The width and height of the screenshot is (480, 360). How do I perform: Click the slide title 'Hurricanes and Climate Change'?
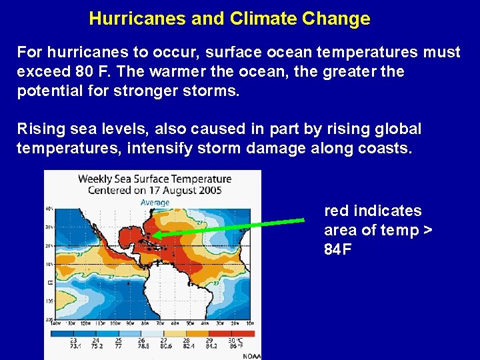(x=229, y=19)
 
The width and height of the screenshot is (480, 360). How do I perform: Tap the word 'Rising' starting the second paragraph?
(x=39, y=129)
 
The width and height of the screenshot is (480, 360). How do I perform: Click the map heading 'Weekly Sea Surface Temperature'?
(x=155, y=179)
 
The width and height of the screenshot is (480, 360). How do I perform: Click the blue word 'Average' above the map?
(x=154, y=202)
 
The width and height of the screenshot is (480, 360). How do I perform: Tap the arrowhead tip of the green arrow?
(x=151, y=235)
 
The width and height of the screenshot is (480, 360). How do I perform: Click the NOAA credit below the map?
(x=251, y=355)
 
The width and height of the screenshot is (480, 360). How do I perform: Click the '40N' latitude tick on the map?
(x=49, y=209)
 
